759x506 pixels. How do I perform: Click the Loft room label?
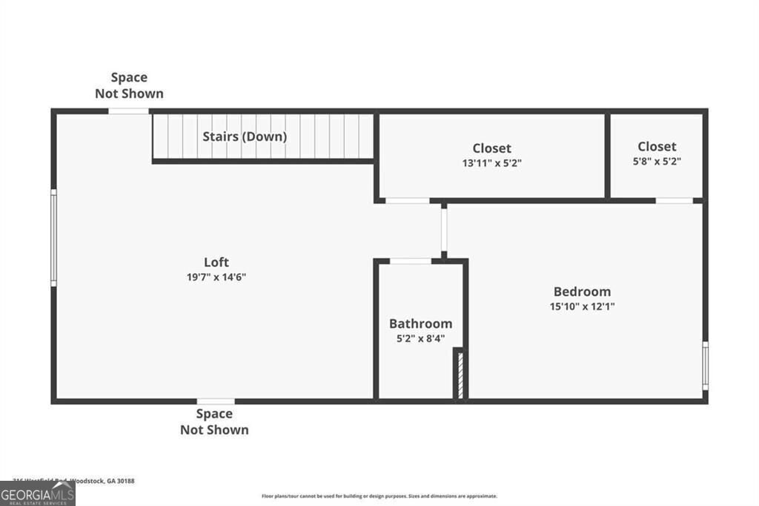tap(216, 262)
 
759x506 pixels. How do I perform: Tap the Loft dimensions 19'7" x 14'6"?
tap(216, 277)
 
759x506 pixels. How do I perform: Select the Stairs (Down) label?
tap(245, 137)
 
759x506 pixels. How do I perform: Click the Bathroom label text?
tap(420, 323)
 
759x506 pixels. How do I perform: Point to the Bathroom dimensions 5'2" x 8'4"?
tap(420, 338)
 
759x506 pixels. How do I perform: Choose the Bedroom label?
tap(582, 292)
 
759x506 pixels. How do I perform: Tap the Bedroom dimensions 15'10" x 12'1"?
tap(582, 306)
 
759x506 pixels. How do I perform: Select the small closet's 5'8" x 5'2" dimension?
tap(657, 161)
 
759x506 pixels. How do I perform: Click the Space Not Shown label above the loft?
tap(129, 85)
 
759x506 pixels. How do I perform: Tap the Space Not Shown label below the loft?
tap(214, 421)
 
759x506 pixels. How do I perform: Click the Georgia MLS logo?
tap(37, 493)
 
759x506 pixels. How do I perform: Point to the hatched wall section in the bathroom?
tap(460, 375)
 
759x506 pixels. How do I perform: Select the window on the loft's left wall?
tap(53, 237)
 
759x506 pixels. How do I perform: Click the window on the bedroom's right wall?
tap(705, 365)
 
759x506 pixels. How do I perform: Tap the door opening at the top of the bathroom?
tap(411, 261)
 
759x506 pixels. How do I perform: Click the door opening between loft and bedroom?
tap(443, 231)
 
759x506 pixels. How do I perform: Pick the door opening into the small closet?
tap(675, 200)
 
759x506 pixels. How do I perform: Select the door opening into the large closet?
tap(408, 200)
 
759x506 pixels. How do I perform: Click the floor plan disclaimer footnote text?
tap(379, 496)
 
